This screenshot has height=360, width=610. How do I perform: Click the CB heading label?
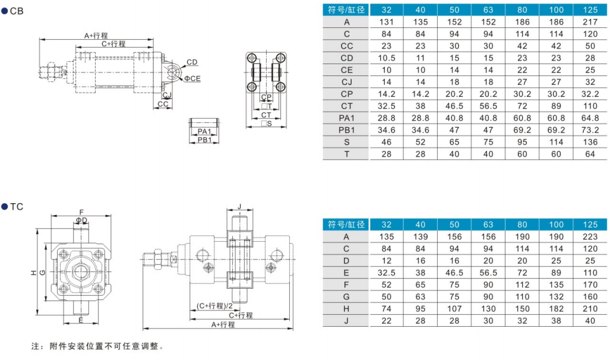coord(17,11)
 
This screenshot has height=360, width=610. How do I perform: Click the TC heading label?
coord(17,207)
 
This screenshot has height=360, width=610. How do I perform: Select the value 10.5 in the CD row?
coord(386,58)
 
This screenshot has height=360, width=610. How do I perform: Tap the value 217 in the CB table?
coord(590,22)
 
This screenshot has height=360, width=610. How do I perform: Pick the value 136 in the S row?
coord(590,142)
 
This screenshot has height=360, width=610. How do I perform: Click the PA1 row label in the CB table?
coord(346,118)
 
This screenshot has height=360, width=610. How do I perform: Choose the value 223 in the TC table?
coord(590,236)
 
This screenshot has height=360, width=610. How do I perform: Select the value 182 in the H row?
coord(556,309)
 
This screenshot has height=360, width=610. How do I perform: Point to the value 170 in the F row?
coord(590,285)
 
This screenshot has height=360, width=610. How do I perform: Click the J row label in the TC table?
coord(346,321)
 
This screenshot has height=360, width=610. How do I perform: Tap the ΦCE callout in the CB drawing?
coord(192,78)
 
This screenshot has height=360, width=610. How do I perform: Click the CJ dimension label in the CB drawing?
coord(167,95)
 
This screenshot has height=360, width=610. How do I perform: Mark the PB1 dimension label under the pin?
coord(204,140)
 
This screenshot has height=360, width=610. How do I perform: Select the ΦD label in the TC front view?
coord(81,220)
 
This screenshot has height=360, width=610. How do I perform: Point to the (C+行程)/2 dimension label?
coord(214,306)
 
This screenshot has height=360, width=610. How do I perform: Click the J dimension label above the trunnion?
coord(239,206)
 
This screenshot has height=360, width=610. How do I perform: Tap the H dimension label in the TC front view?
coord(33,273)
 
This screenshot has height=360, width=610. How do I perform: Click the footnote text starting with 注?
coord(97,346)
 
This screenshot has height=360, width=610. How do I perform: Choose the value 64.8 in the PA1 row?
coord(590,118)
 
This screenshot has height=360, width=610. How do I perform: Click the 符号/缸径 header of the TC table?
coord(346,225)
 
